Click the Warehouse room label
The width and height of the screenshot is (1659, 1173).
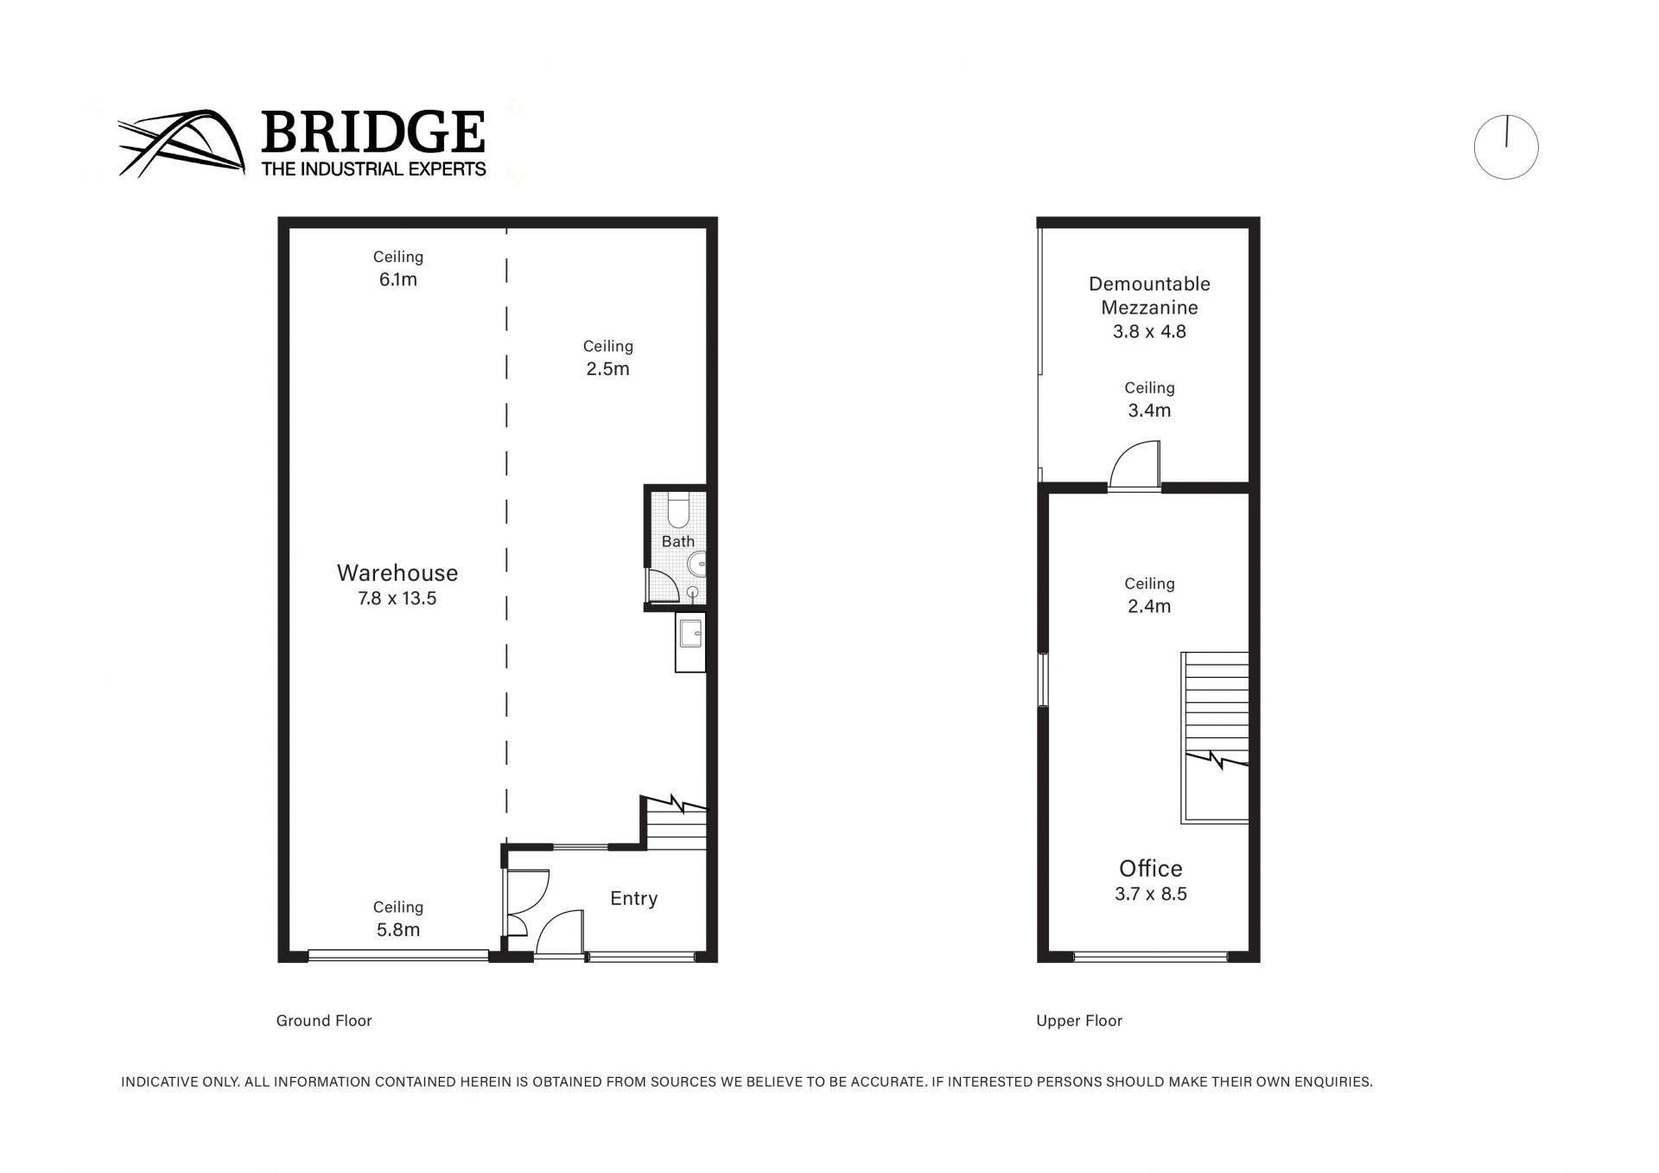tap(397, 573)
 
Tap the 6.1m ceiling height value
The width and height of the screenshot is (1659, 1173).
tap(398, 279)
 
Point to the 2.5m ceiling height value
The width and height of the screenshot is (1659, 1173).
tap(608, 369)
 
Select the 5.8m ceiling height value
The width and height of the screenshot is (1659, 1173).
tap(398, 930)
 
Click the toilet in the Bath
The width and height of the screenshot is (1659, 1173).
tap(678, 510)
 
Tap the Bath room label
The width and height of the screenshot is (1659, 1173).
tap(678, 541)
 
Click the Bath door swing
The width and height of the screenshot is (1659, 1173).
tap(663, 585)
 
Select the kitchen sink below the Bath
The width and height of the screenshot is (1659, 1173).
tap(690, 641)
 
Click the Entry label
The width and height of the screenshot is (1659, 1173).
tap(634, 899)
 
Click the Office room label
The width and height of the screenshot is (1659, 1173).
tap(1151, 869)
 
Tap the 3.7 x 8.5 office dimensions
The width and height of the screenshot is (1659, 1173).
tap(1151, 895)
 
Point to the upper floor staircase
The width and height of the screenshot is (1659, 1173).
tap(1215, 737)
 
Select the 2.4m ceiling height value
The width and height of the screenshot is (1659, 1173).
tap(1149, 607)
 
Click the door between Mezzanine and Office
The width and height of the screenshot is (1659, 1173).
tap(1135, 465)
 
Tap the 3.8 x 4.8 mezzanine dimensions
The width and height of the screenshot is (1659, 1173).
tap(1149, 332)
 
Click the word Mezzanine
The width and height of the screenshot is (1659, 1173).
tap(1149, 308)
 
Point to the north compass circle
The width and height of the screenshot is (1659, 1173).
tap(1506, 147)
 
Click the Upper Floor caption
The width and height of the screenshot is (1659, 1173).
tap(1079, 1021)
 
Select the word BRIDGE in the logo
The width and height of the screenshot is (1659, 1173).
tap(372, 132)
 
